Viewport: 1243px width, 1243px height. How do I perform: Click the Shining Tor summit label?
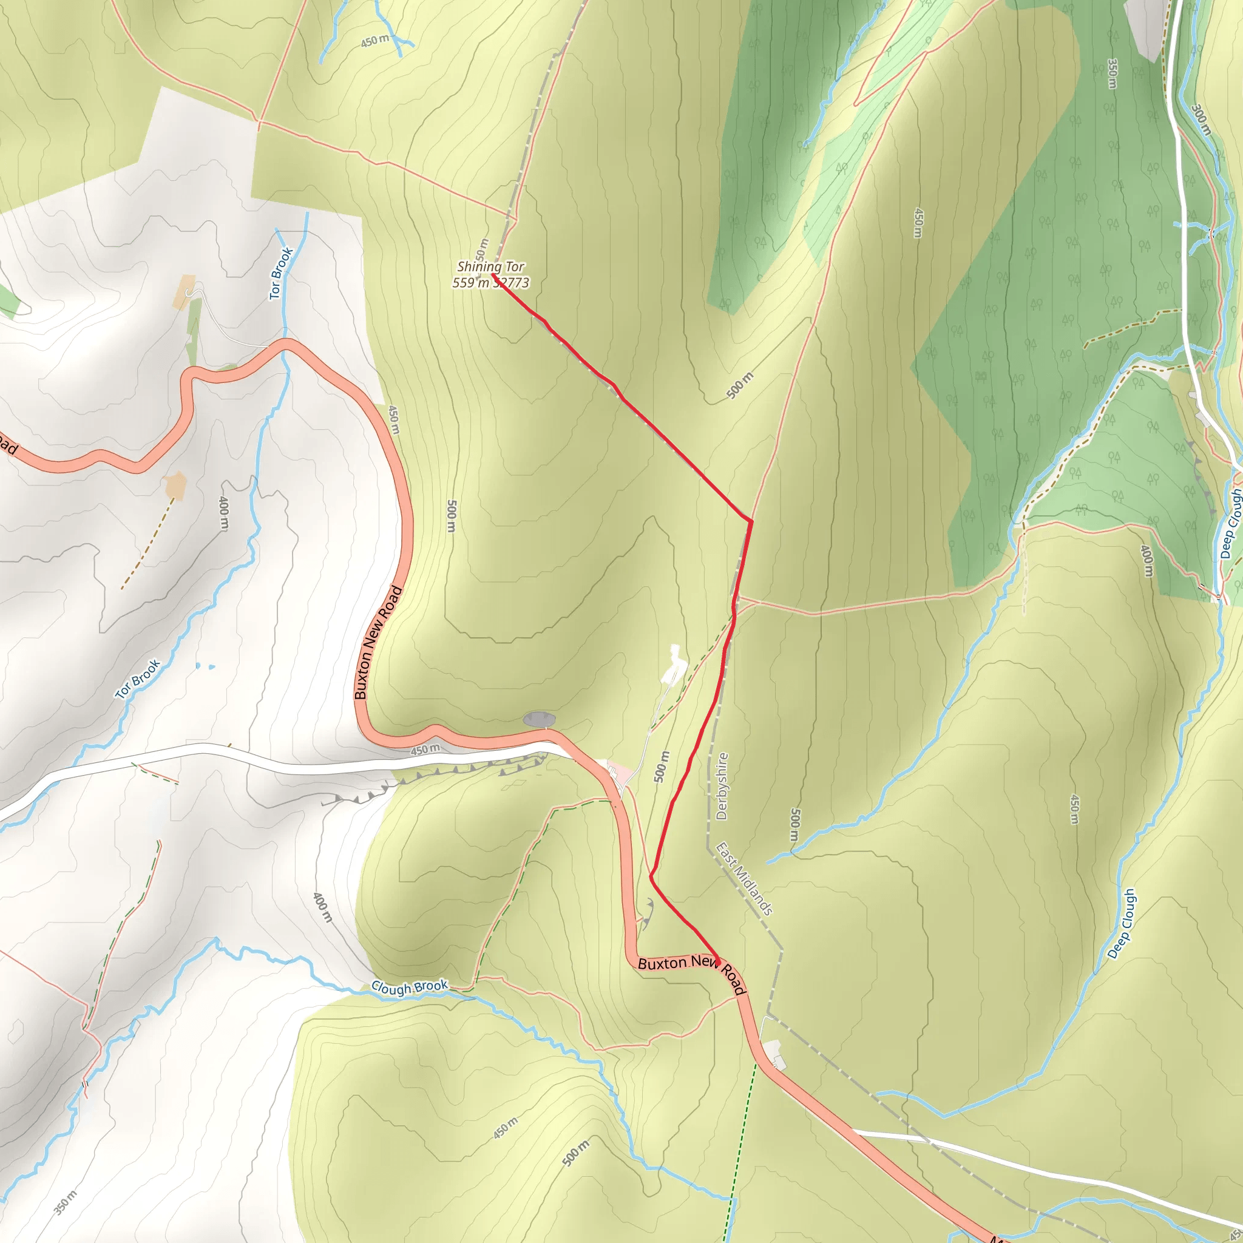pyautogui.click(x=490, y=266)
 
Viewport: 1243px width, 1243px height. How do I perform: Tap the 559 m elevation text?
pyautogui.click(x=471, y=282)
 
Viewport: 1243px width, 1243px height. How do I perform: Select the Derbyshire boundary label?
pyautogui.click(x=722, y=786)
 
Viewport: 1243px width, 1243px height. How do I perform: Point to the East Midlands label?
pyautogui.click(x=743, y=879)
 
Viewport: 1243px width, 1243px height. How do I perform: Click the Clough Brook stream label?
pyautogui.click(x=409, y=987)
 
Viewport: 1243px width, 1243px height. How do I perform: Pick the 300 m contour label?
pyautogui.click(x=1201, y=120)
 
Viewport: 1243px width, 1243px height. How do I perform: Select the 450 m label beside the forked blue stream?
pyautogui.click(x=375, y=41)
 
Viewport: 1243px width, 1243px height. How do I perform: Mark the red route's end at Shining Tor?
pyautogui.click(x=493, y=275)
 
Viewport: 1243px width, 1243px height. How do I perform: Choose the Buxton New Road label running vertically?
pyautogui.click(x=378, y=642)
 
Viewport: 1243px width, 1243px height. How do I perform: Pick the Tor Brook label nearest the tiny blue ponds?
pyautogui.click(x=138, y=679)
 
